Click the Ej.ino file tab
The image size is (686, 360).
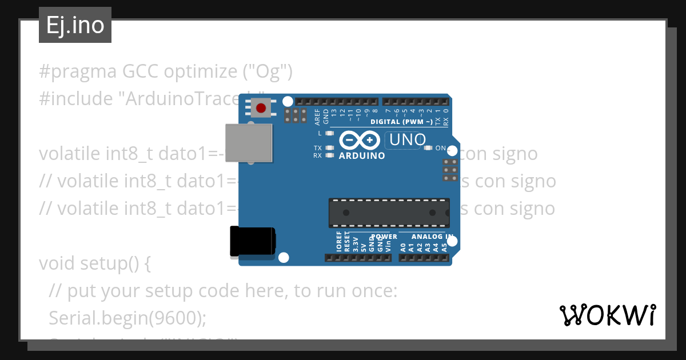pos(75,26)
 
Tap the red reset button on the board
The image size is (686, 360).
pos(261,108)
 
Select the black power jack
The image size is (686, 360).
pos(252,241)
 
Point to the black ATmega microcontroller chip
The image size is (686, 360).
pos(389,213)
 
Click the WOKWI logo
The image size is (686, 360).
pos(607,314)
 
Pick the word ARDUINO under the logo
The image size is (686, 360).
pos(362,155)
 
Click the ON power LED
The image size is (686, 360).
pos(428,148)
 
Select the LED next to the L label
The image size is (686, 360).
pos(329,133)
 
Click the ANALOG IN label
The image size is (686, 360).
pos(433,237)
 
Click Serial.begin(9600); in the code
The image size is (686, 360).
pos(127,317)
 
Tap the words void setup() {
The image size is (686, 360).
pos(95,263)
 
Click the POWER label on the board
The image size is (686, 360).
pos(384,237)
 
